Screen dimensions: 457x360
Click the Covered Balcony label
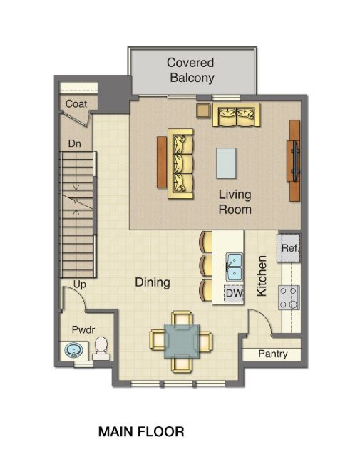pyautogui.click(x=191, y=71)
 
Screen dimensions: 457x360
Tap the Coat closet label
pyautogui.click(x=76, y=104)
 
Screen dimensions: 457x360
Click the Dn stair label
pyautogui.click(x=73, y=144)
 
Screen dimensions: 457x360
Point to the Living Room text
pyautogui.click(x=235, y=202)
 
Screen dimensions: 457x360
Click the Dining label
pyautogui.click(x=153, y=282)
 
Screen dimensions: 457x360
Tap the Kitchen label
pyautogui.click(x=262, y=277)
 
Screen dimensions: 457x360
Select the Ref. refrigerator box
pyautogui.click(x=289, y=249)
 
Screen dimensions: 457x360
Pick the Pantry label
pyautogui.click(x=272, y=354)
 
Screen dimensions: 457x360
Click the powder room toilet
pyautogui.click(x=101, y=347)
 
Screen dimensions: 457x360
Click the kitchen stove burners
pyautogui.click(x=289, y=297)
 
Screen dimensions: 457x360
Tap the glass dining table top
pyautogui.click(x=182, y=340)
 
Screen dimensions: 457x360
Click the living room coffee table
pyautogui.click(x=226, y=163)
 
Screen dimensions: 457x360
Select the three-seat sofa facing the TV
pyautogui.click(x=181, y=164)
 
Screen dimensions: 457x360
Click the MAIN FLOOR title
pyautogui.click(x=141, y=431)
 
